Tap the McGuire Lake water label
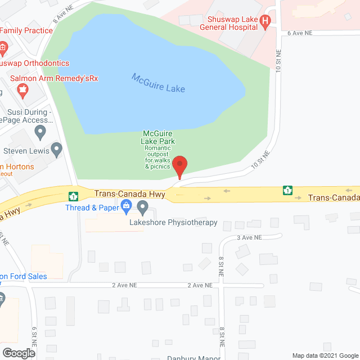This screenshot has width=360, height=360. coord(159,83)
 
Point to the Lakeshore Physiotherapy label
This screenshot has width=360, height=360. coord(173,223)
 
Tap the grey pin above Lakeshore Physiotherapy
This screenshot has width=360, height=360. coord(143,210)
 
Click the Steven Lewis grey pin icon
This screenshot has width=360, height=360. coord(56,149)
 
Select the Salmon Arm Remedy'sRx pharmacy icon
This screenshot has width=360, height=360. coord(22,88)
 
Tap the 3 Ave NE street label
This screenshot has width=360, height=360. coord(250,238)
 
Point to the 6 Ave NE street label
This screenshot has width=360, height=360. coord(300,33)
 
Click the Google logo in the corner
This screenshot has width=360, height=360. coord(18,353)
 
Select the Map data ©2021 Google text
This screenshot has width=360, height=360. coord(324,355)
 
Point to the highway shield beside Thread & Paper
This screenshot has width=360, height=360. coord(73,196)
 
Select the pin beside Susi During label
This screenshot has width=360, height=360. coord(40,132)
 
